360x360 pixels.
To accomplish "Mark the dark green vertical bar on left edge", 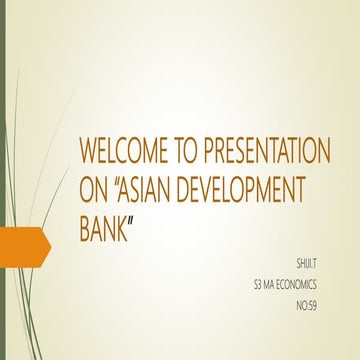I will point(3,180).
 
